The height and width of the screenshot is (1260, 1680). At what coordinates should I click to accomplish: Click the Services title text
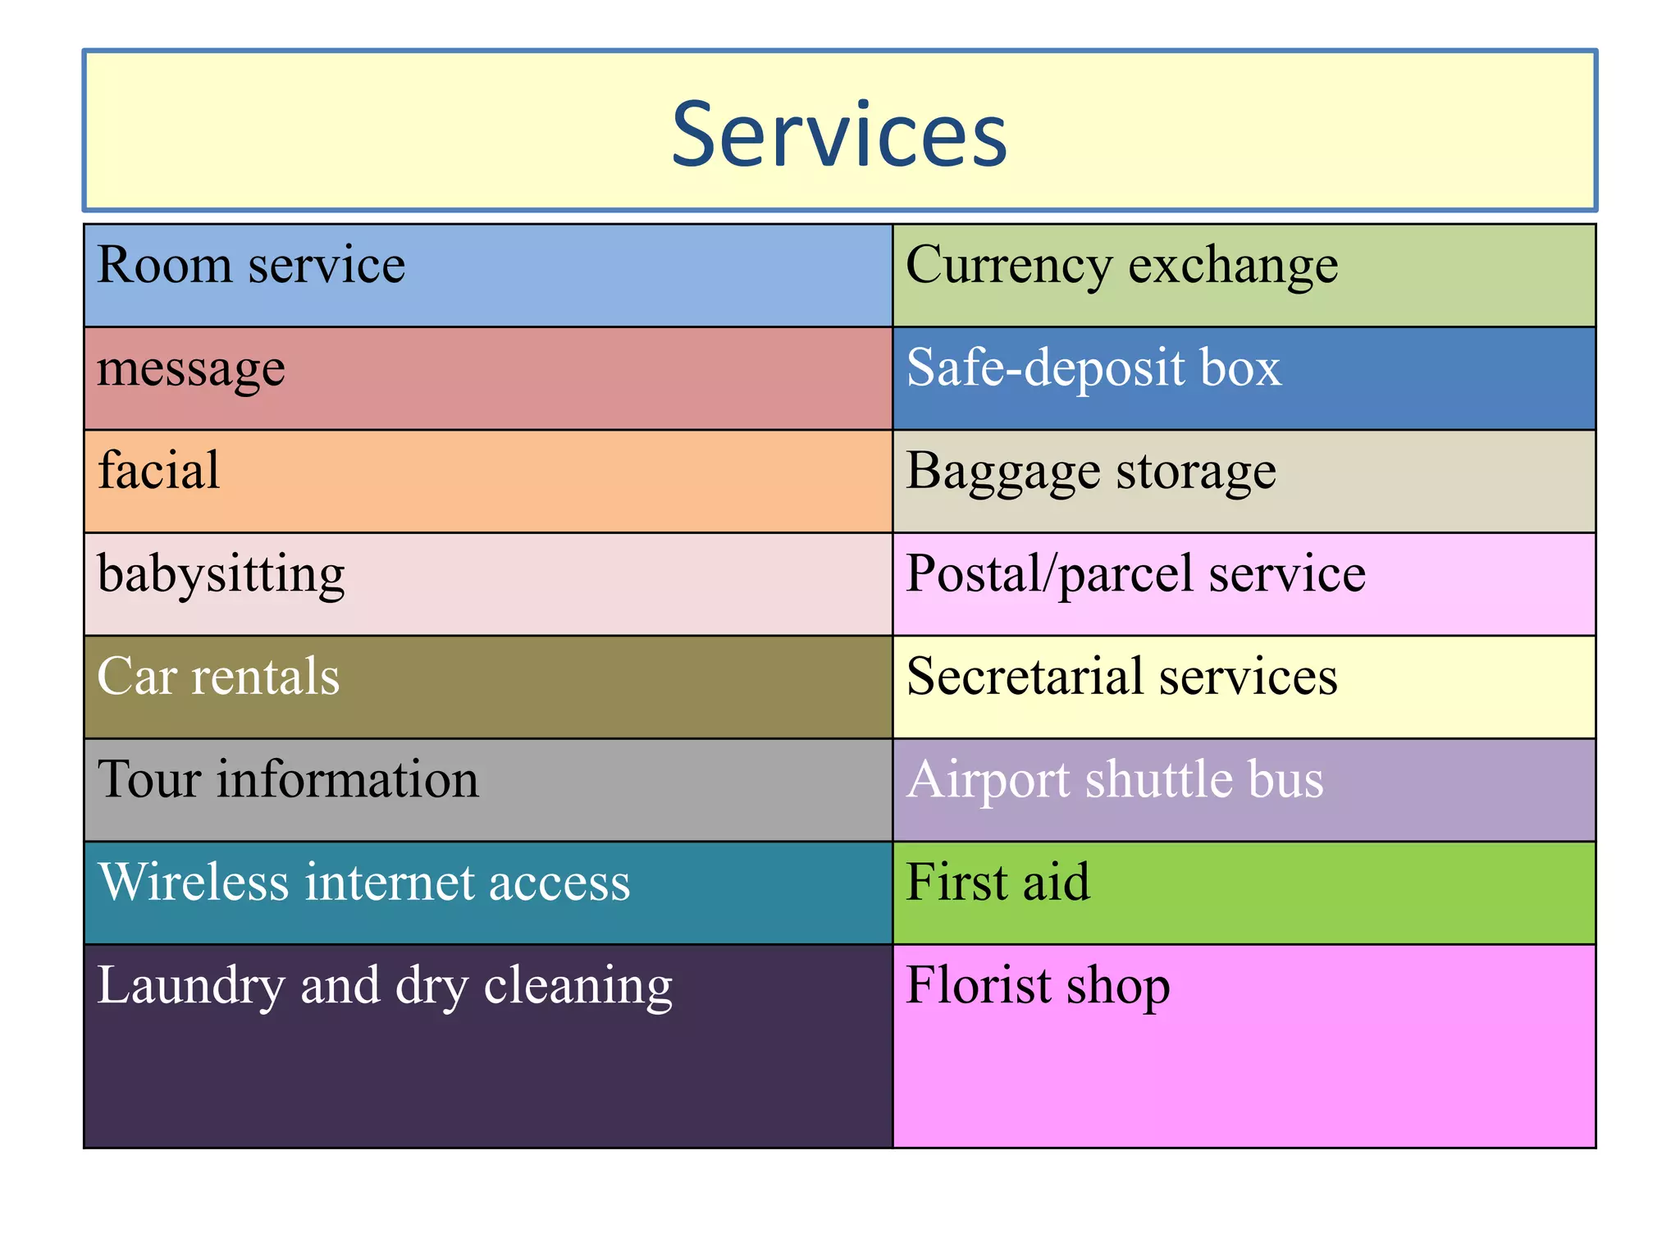(839, 134)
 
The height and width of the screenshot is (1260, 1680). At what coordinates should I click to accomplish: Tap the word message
(191, 369)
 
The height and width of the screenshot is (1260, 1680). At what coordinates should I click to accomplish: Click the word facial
(159, 471)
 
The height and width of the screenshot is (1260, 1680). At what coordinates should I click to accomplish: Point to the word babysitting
(221, 574)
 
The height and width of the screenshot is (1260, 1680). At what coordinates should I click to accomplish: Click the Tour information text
(288, 779)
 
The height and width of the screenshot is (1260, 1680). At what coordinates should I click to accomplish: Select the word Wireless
(194, 883)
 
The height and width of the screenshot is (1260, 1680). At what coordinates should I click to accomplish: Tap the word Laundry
(190, 986)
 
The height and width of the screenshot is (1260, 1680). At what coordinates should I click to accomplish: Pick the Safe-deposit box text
(1093, 368)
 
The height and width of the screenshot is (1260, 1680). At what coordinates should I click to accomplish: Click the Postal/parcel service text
(1135, 574)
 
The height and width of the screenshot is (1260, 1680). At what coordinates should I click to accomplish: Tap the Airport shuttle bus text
(1115, 779)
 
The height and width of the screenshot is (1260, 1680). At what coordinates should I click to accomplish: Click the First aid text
(997, 883)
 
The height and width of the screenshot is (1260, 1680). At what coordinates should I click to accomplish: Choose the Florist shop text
(1038, 986)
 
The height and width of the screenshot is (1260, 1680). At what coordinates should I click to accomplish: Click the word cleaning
(578, 986)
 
